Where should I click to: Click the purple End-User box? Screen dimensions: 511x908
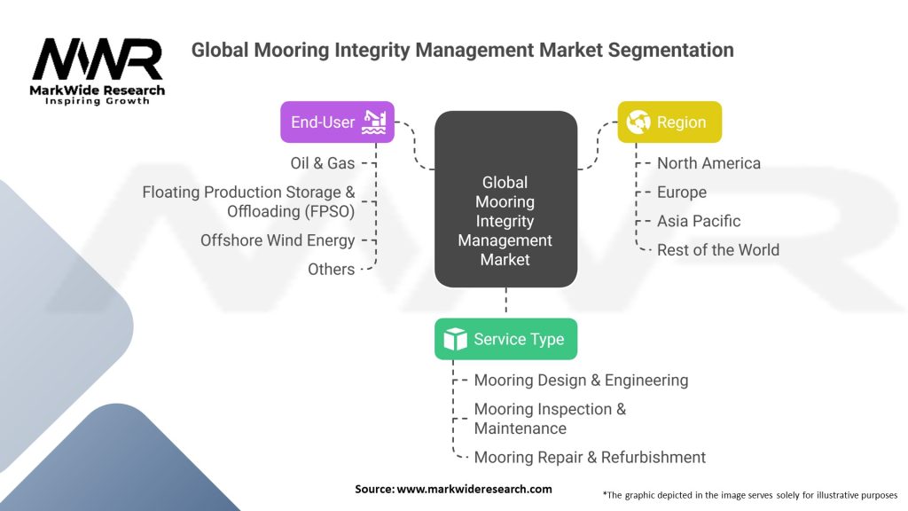337,122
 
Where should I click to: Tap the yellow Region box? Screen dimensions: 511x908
669,122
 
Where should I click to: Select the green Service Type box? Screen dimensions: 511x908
505,339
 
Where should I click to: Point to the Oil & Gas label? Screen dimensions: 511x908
322,163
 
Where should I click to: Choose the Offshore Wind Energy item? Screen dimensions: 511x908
278,240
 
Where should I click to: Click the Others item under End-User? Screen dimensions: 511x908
331,269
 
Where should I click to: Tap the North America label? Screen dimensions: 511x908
708,163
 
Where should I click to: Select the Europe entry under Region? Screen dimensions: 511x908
682,193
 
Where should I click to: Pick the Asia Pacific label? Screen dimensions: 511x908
699,221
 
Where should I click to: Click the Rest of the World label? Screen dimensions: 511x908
718,250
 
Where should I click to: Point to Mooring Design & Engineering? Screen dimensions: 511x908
581,380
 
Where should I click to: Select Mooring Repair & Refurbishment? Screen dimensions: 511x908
590,458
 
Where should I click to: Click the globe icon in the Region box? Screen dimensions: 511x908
638,122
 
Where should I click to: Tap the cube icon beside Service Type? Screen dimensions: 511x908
455,339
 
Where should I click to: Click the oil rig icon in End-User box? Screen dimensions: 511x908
374,122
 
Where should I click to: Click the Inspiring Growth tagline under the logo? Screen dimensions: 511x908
98,102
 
